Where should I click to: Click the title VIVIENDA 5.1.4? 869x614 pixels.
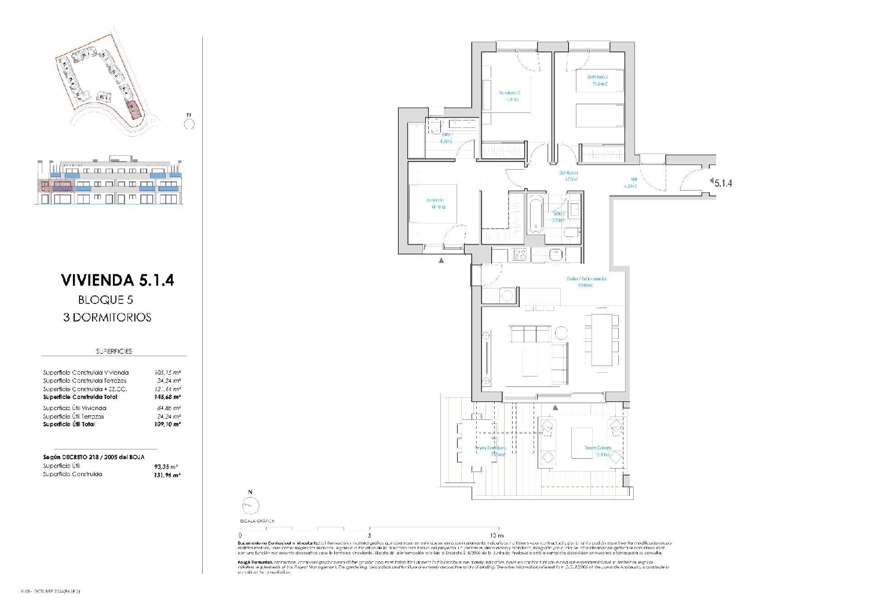click(117, 280)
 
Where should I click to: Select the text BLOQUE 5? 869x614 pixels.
click(105, 300)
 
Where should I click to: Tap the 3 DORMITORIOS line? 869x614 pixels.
click(107, 317)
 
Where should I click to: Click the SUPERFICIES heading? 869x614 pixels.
click(114, 352)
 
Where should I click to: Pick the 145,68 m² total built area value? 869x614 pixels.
click(168, 397)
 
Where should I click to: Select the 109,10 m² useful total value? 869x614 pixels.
click(168, 425)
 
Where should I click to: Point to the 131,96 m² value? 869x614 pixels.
click(168, 474)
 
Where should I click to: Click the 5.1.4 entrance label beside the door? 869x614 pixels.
click(723, 183)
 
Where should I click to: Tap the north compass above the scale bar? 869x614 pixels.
click(251, 505)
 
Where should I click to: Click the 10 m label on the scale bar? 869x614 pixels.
click(496, 536)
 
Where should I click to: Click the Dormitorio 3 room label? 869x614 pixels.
click(597, 77)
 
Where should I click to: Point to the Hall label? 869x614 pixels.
click(634, 180)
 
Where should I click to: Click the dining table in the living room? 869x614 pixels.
click(602, 339)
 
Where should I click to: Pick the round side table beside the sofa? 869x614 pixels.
click(561, 334)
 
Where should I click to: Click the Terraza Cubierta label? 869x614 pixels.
click(597, 448)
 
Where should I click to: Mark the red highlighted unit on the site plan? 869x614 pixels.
click(133, 109)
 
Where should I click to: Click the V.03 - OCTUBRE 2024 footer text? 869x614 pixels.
click(50, 591)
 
